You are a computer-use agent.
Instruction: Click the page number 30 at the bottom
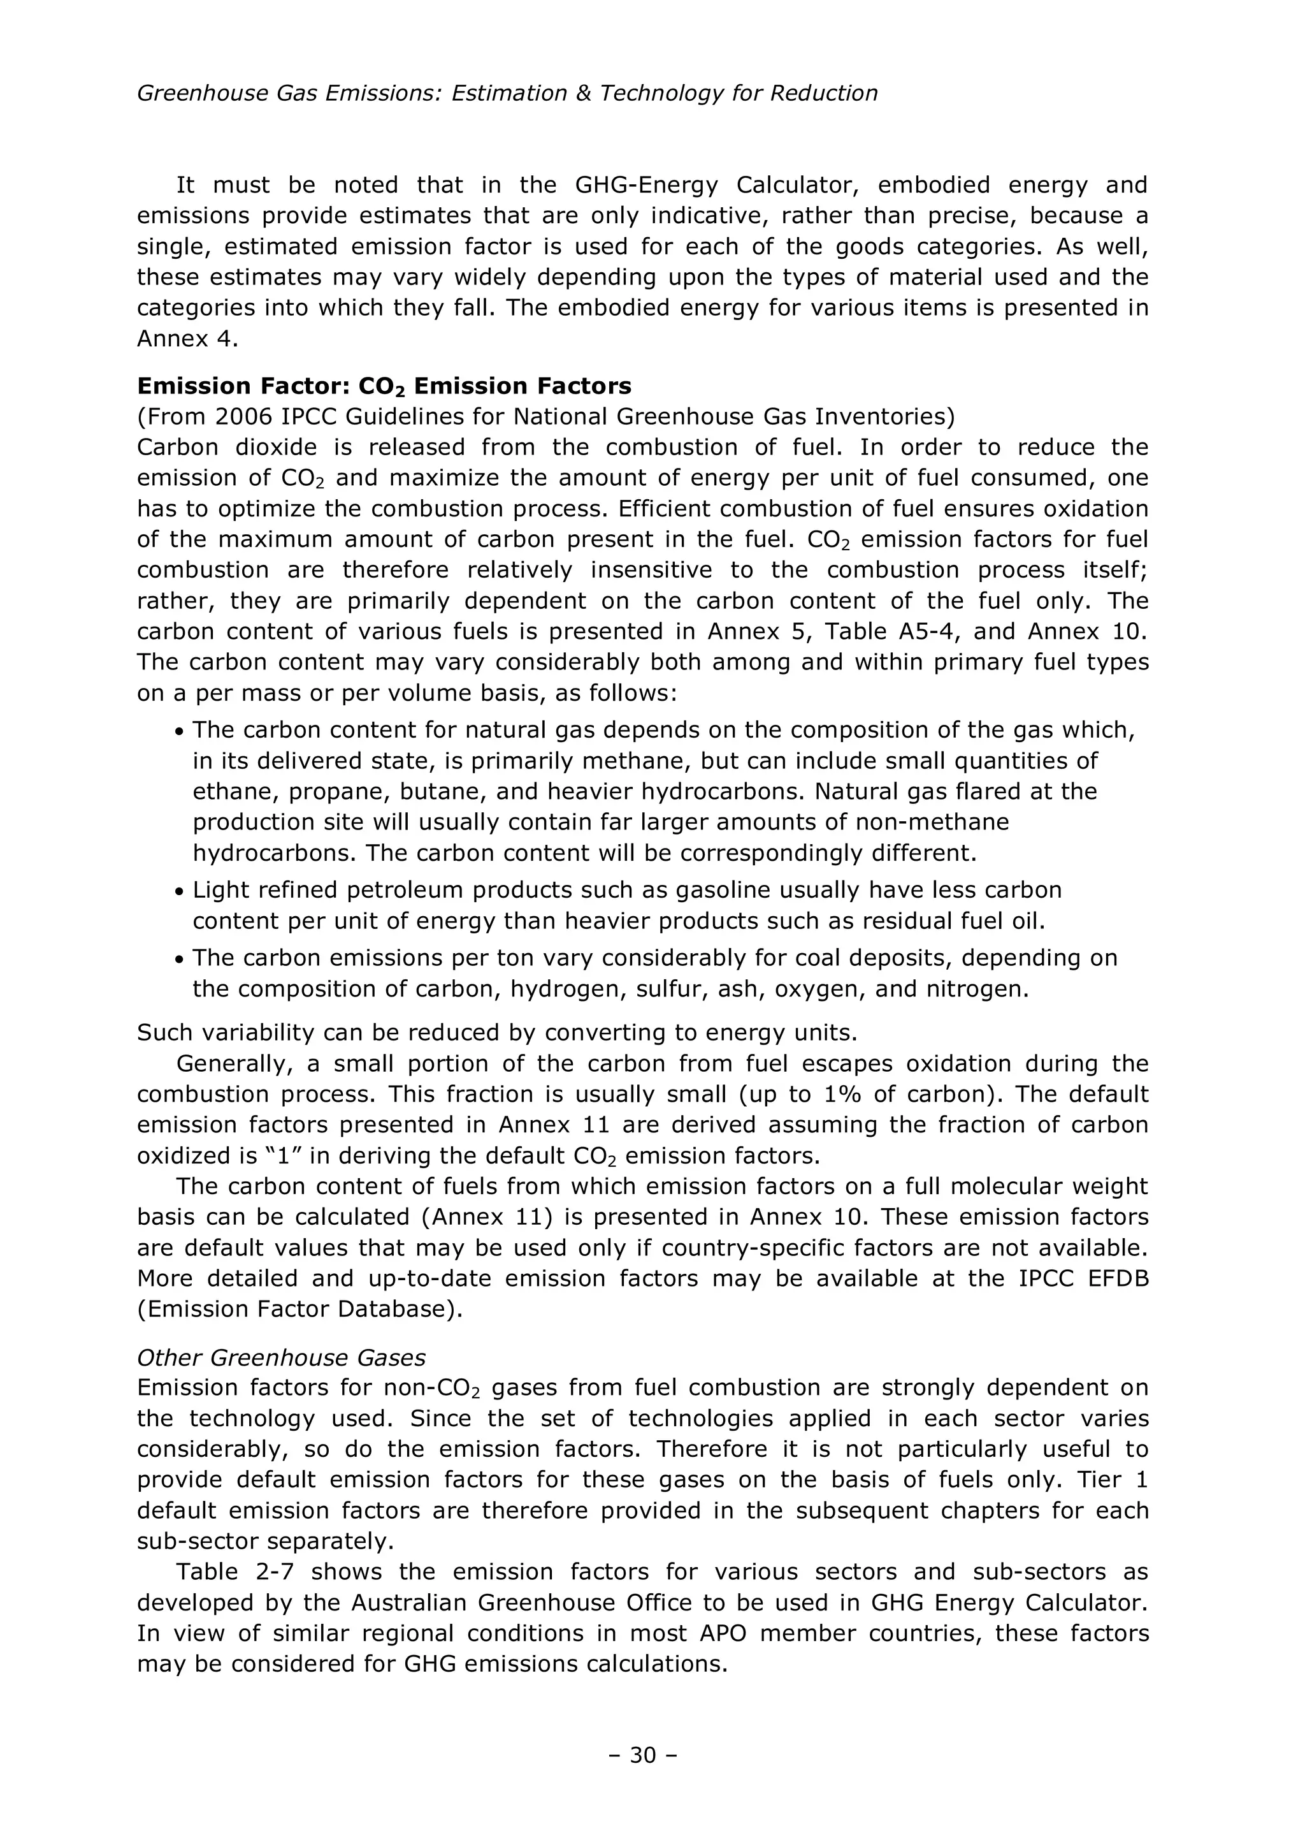tap(642, 1755)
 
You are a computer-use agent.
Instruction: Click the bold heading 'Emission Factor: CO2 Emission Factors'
tap(384, 386)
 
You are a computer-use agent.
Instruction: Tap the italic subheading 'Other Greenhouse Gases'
tap(280, 1357)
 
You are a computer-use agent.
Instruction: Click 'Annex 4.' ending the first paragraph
tap(187, 339)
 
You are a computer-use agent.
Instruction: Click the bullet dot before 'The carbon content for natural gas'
tap(179, 731)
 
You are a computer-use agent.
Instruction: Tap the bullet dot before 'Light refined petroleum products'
tap(179, 891)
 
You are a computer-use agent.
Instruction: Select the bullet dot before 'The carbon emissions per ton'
tap(179, 959)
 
